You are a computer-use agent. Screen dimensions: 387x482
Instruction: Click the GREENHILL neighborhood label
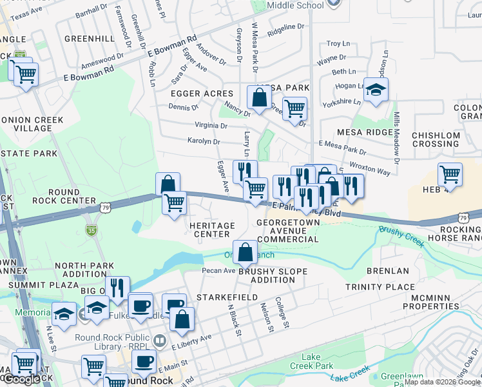(90, 39)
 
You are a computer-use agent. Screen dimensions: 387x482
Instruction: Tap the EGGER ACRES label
(201, 94)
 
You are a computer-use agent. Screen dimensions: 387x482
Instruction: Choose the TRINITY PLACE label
(380, 286)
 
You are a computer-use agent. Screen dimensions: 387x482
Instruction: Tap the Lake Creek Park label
(320, 362)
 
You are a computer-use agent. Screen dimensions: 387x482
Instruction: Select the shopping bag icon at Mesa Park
(259, 99)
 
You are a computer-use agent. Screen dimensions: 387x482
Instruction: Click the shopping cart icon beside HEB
(450, 174)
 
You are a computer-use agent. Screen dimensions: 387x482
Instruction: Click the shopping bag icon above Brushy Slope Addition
(245, 252)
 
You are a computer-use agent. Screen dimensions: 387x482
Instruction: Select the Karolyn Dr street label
(204, 141)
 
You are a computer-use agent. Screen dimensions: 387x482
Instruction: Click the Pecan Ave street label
(219, 270)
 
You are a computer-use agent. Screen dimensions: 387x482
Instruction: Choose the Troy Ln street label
(338, 44)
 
